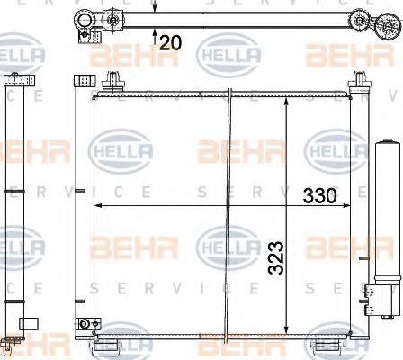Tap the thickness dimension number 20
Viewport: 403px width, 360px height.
pos(174,41)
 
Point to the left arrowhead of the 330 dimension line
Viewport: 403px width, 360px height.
pos(98,207)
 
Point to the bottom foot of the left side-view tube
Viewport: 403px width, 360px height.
pos(12,339)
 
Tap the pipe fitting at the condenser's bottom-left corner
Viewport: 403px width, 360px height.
pos(86,324)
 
